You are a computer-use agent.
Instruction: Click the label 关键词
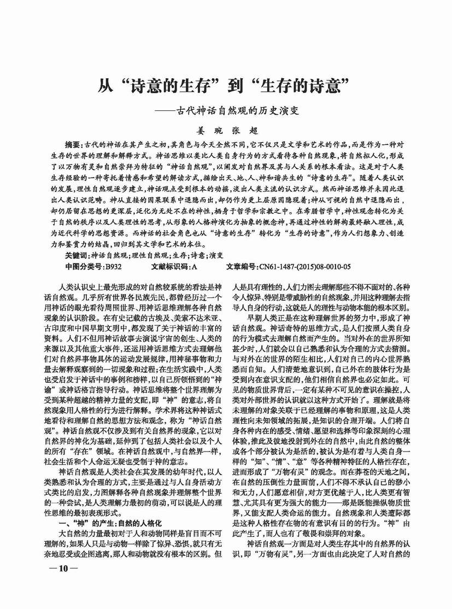tap(76, 255)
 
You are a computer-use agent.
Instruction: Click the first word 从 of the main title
tap(108, 86)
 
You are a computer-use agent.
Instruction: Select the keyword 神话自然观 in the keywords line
tap(109, 255)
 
